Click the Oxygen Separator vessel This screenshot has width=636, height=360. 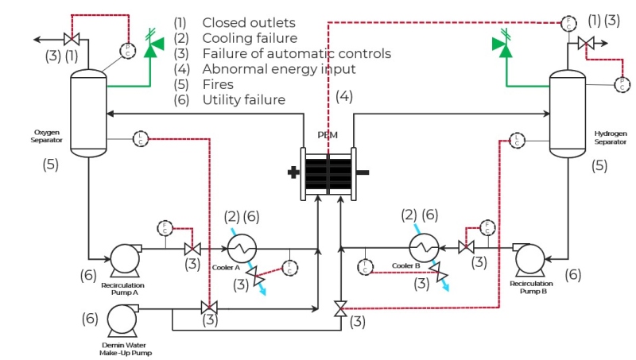click(x=89, y=111)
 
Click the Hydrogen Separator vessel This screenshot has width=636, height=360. click(x=568, y=111)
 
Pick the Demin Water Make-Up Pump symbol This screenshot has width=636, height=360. click(x=124, y=320)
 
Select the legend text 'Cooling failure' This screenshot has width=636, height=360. click(x=250, y=38)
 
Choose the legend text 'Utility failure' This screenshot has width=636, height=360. click(x=243, y=99)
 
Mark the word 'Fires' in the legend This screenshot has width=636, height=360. click(x=218, y=84)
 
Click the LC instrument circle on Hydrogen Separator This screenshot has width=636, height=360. click(x=518, y=140)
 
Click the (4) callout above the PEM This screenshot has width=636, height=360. click(x=343, y=96)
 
